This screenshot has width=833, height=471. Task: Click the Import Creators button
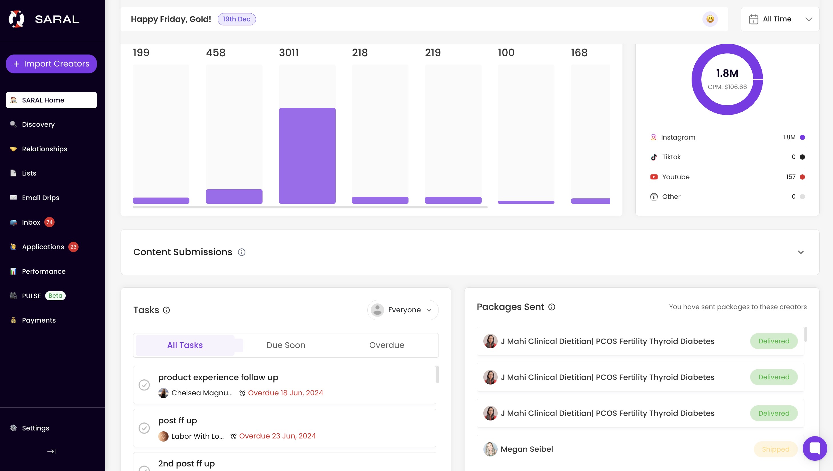pyautogui.click(x=51, y=64)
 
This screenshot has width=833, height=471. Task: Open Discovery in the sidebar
pyautogui.click(x=38, y=124)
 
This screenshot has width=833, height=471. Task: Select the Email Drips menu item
pyautogui.click(x=41, y=198)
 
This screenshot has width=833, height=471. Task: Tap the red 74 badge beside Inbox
pyautogui.click(x=49, y=222)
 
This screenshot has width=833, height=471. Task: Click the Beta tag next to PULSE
pyautogui.click(x=55, y=296)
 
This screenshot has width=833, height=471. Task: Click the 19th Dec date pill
pyautogui.click(x=236, y=19)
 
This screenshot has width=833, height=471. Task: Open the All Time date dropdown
pyautogui.click(x=780, y=19)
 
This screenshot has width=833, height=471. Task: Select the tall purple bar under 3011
pyautogui.click(x=307, y=156)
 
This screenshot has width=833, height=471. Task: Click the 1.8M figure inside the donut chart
pyautogui.click(x=727, y=73)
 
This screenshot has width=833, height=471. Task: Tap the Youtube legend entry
pyautogui.click(x=675, y=177)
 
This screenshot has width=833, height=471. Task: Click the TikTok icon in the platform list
pyautogui.click(x=654, y=157)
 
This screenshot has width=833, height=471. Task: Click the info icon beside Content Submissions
pyautogui.click(x=241, y=252)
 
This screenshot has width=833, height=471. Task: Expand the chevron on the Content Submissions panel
pyautogui.click(x=801, y=252)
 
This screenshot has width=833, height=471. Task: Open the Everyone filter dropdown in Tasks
pyautogui.click(x=403, y=310)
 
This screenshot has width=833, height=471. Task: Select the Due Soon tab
pyautogui.click(x=285, y=345)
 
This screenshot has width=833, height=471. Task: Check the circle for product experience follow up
pyautogui.click(x=144, y=385)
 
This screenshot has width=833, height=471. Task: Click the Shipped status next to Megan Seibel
pyautogui.click(x=775, y=449)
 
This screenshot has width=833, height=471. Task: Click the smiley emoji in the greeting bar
pyautogui.click(x=710, y=19)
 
